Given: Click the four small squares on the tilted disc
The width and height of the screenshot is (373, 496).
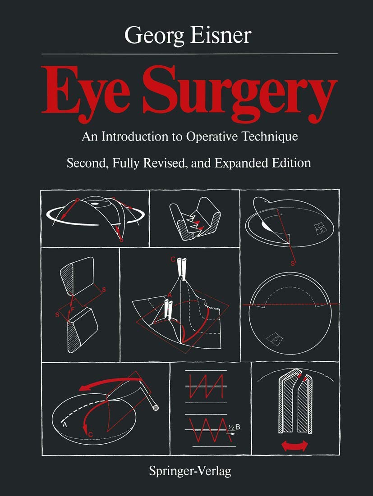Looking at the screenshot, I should pos(321,229).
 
